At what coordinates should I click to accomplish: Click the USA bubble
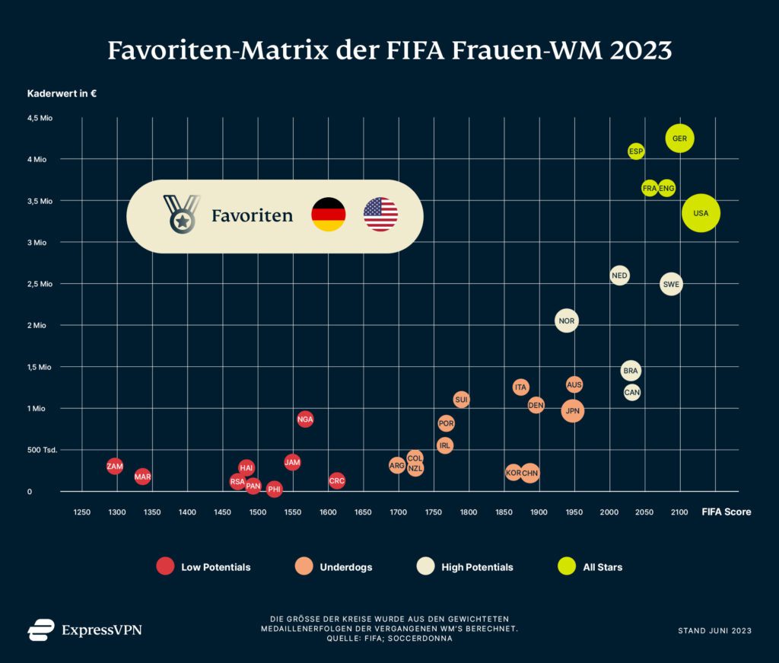coord(701,213)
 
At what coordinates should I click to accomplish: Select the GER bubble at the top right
coord(679,139)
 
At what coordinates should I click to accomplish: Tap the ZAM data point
coord(115,466)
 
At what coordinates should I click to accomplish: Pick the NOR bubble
coord(566,321)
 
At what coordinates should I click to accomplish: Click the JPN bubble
coord(573,411)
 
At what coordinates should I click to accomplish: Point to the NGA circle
coord(305,419)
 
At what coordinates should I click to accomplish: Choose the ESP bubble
coord(636,151)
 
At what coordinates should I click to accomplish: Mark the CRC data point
coord(337,481)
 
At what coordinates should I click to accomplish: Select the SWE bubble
coord(671,285)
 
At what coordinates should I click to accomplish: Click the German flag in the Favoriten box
coord(329,215)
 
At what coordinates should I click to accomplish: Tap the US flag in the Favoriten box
coord(380,215)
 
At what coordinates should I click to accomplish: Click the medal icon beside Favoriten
coord(181,214)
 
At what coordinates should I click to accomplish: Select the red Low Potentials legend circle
coord(165,566)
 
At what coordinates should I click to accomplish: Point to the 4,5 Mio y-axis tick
coord(42,118)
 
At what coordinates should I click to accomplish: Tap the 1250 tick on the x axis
coord(81,512)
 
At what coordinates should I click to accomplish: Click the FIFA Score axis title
coord(726,512)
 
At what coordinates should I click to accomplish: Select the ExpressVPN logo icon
coord(41,630)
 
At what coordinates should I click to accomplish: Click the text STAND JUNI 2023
coord(714,630)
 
